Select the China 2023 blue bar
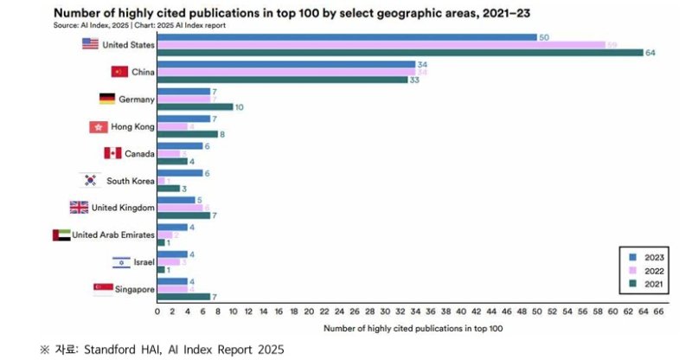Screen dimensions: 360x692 click(x=286, y=65)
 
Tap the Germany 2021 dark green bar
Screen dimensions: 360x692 click(x=195, y=107)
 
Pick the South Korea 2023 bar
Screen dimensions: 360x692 click(x=180, y=172)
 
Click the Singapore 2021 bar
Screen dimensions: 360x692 click(x=183, y=297)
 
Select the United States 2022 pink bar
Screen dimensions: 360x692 click(x=381, y=44)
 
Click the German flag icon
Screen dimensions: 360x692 click(x=107, y=99)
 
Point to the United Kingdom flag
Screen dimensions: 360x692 click(x=79, y=208)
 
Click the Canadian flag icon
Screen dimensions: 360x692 click(x=112, y=153)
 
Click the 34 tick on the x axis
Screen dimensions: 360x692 click(x=415, y=310)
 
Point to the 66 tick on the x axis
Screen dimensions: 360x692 click(x=658, y=310)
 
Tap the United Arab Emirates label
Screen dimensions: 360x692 click(x=113, y=235)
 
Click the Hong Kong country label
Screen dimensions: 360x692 click(x=132, y=126)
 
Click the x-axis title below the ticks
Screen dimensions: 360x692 click(x=413, y=329)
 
